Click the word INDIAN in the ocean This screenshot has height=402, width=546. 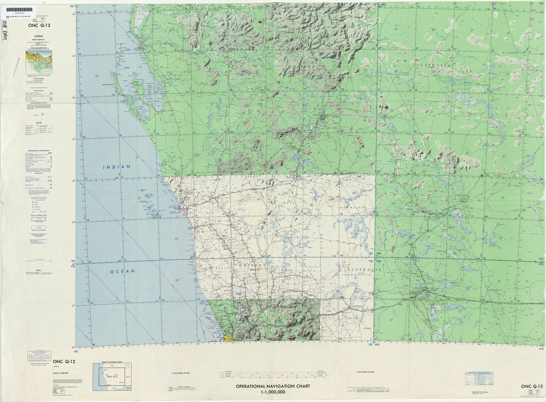(x=117, y=167)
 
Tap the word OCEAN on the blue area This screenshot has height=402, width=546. (x=122, y=271)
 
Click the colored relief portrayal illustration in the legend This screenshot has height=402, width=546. (x=38, y=62)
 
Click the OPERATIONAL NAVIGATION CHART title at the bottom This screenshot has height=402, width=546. (x=272, y=386)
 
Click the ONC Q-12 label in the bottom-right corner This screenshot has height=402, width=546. (x=532, y=386)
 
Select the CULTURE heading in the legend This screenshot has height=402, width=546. (x=38, y=121)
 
